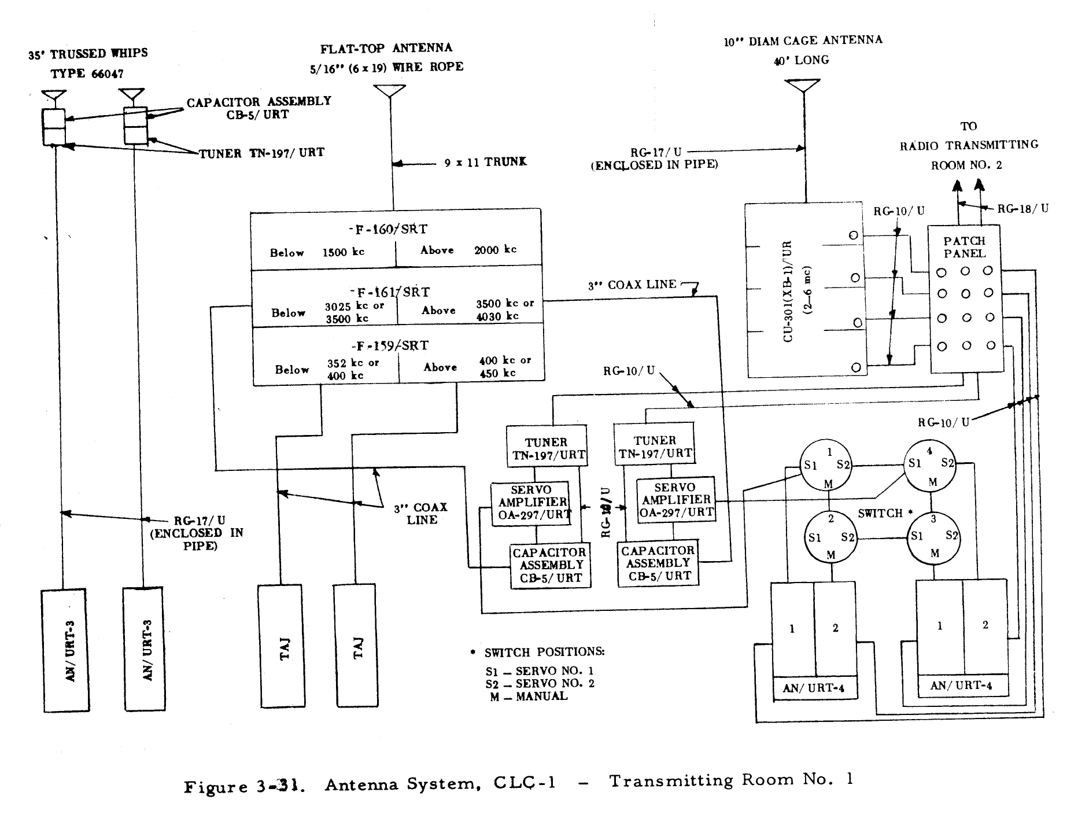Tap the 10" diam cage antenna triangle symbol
point(802,86)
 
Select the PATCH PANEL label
point(964,247)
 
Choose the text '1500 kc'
point(343,252)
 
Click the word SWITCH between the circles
point(880,513)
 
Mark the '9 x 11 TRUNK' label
point(485,163)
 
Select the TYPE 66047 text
point(87,73)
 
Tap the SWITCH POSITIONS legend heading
point(544,652)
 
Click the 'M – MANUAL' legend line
point(529,697)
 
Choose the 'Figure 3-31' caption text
point(245,787)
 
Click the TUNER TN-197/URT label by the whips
point(261,153)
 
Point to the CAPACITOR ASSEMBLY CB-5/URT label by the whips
point(259,108)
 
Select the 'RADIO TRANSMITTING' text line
point(969,145)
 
